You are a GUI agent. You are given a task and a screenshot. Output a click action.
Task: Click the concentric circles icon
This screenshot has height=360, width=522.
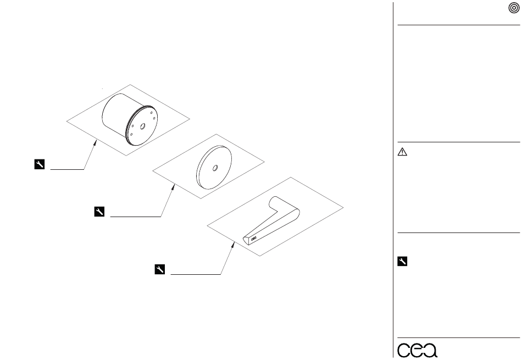pyautogui.click(x=514, y=8)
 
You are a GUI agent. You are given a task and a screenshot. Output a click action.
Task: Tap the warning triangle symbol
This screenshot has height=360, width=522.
pyautogui.click(x=402, y=152)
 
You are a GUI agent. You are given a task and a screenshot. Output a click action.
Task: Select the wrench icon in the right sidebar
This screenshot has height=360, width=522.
pyautogui.click(x=402, y=262)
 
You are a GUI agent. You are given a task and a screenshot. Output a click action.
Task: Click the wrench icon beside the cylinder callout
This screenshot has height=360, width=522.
pyautogui.click(x=39, y=164)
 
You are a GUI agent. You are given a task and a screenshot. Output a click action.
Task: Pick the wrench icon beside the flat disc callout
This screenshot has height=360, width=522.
pyautogui.click(x=99, y=212)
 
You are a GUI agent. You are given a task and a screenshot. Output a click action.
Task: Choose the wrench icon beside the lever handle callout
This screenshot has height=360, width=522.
pyautogui.click(x=160, y=269)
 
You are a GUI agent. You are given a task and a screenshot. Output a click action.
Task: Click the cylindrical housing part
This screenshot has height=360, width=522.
pyautogui.click(x=130, y=119)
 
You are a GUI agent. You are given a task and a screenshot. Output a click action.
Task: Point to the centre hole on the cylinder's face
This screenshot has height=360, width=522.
pyautogui.click(x=142, y=126)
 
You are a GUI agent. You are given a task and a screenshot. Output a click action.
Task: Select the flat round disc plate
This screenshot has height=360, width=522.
pyautogui.click(x=214, y=168)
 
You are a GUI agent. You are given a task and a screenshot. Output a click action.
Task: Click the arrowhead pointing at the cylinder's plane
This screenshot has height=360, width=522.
pyautogui.click(x=95, y=143)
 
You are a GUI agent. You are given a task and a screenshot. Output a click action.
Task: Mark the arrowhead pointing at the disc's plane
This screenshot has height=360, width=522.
pyautogui.click(x=173, y=188)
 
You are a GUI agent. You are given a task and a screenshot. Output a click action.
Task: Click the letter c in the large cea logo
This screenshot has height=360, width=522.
pyautogui.click(x=403, y=350)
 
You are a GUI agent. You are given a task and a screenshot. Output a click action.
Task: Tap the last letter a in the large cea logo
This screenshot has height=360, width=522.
pyautogui.click(x=430, y=350)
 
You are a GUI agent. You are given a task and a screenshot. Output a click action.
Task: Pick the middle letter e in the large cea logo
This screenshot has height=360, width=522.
pyautogui.click(x=417, y=350)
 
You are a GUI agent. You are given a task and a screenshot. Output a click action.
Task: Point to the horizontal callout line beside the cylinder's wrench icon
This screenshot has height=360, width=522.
pyautogui.click(x=67, y=169)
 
